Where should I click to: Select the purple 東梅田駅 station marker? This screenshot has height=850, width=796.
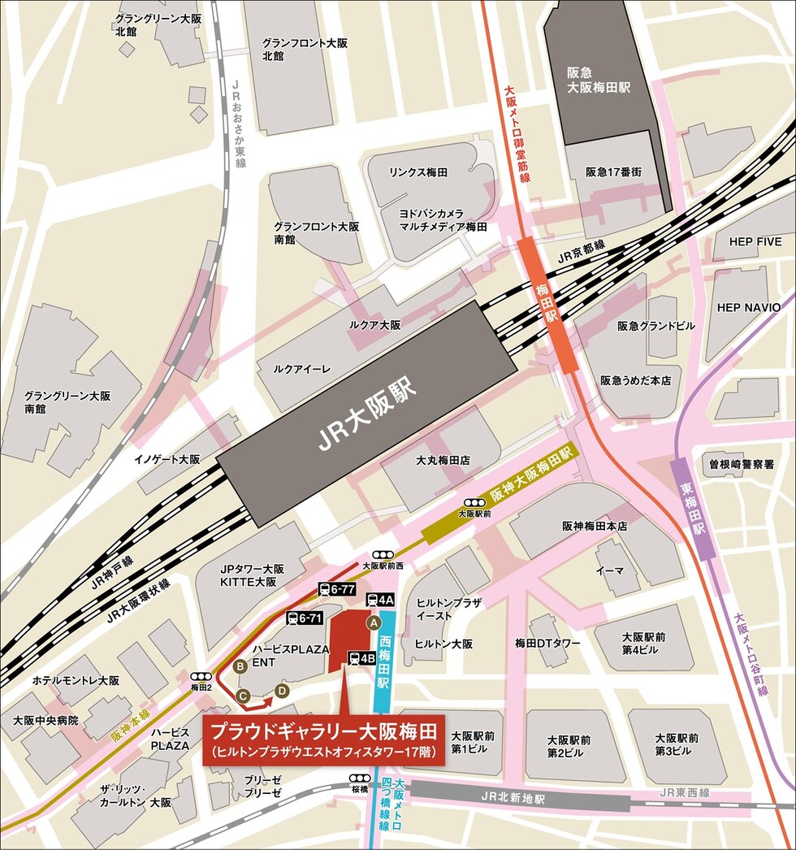tap(693, 508)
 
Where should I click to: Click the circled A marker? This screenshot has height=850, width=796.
tap(374, 622)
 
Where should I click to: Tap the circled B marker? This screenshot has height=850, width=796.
tap(240, 666)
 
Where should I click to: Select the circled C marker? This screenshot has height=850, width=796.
tap(242, 695)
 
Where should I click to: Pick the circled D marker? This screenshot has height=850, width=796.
tap(282, 690)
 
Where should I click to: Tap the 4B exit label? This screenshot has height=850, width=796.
tap(361, 659)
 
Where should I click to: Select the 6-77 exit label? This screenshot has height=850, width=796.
tap(336, 589)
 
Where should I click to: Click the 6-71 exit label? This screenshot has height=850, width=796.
tap(305, 618)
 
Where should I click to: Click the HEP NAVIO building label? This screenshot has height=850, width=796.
tap(748, 307)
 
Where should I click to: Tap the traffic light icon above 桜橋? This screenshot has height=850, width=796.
tap(361, 778)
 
